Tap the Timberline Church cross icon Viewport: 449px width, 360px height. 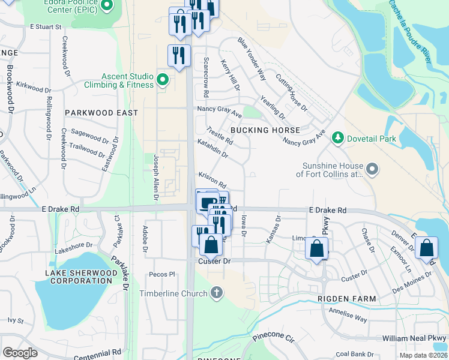point(217,293)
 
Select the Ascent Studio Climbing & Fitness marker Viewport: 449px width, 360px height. point(162,79)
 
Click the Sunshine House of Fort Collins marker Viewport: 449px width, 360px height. point(372,170)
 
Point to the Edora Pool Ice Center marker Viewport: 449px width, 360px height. point(107,6)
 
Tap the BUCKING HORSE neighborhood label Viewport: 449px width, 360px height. point(265,130)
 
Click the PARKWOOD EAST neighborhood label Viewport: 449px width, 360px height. point(101,113)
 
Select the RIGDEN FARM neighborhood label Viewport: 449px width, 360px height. point(348,299)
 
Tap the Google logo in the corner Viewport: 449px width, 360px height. point(20,352)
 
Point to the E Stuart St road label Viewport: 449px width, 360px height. point(46,27)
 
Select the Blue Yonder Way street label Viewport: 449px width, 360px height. point(252,59)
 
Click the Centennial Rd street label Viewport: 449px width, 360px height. point(97,352)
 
